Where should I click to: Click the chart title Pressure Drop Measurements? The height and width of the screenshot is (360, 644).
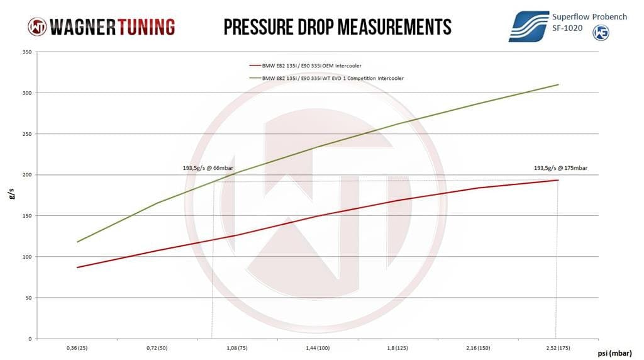pyautogui.click(x=338, y=26)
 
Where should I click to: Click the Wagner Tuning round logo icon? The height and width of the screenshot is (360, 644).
pyautogui.click(x=36, y=26)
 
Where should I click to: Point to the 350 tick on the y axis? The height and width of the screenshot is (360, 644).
pyautogui.click(x=26, y=52)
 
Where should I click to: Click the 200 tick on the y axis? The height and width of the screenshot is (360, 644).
pyautogui.click(x=26, y=175)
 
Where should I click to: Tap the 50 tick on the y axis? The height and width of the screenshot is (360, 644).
pyautogui.click(x=28, y=298)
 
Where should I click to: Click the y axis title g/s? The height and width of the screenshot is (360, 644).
pyautogui.click(x=13, y=195)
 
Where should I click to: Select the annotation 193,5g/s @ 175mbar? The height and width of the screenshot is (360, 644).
pyautogui.click(x=560, y=168)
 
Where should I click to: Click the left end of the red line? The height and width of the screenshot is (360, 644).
pyautogui.click(x=77, y=267)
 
